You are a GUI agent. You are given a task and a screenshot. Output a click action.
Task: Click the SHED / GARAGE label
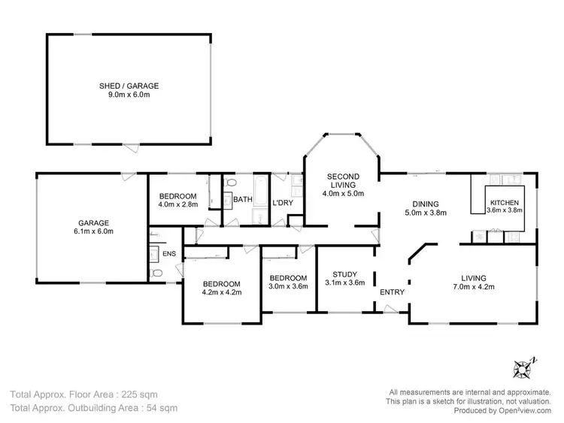[x=129, y=86]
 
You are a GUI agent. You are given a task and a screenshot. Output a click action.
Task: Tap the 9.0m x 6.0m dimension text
[x=129, y=97]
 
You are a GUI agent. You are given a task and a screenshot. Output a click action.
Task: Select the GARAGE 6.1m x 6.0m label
[x=94, y=227]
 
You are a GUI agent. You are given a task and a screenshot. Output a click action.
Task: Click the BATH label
[x=242, y=200]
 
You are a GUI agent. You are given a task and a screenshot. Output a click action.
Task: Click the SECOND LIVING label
[x=343, y=182]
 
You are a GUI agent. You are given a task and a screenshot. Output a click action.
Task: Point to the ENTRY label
[x=392, y=292]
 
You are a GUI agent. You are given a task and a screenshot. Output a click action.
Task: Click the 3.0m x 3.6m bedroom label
[x=289, y=281]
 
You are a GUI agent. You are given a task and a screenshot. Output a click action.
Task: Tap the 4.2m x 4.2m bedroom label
[x=222, y=288]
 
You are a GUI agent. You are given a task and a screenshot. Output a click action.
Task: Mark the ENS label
[x=169, y=254]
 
